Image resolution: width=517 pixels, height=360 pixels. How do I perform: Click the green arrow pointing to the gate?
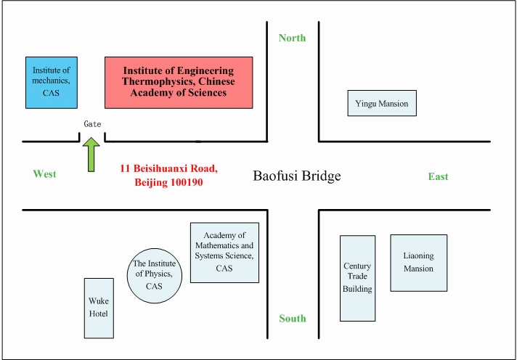point(92,156)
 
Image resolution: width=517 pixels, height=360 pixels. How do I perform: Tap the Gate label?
point(92,124)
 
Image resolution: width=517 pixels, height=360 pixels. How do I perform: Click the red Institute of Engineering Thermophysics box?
point(179,81)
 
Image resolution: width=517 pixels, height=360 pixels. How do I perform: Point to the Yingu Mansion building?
point(382,103)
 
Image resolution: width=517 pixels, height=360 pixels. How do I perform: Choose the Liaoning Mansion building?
point(418,263)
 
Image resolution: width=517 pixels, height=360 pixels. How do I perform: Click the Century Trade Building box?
point(357,278)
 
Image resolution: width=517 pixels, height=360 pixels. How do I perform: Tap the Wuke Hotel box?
point(99,308)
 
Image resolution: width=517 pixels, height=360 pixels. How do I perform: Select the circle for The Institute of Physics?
point(153,275)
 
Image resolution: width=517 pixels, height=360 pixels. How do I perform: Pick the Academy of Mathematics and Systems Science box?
point(224,252)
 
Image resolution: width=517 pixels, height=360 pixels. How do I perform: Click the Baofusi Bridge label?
point(296,176)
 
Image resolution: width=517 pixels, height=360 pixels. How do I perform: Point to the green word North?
point(292,38)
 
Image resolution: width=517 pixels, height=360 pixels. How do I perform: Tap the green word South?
point(292,318)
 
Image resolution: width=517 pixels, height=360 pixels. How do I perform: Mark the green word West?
point(44,174)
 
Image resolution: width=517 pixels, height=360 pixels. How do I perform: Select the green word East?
point(438,176)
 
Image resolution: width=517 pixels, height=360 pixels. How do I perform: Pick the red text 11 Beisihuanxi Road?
point(168,168)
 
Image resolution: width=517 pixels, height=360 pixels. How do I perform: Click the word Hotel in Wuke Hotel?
point(99,314)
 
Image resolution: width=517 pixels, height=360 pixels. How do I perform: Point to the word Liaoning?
point(418,255)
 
